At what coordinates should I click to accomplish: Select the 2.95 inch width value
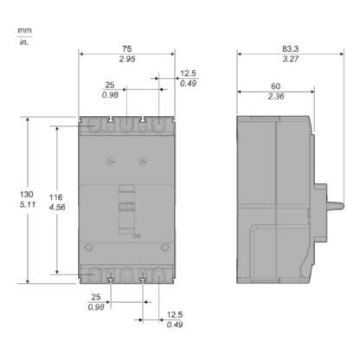point(128,62)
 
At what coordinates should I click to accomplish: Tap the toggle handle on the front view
point(128,208)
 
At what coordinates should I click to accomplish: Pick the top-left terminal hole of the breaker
point(95,126)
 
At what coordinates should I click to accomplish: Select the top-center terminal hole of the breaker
point(127,126)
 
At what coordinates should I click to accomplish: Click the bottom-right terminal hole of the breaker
point(159,275)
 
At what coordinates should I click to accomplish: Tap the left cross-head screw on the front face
point(110,161)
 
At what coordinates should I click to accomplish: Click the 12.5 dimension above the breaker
point(187,74)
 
